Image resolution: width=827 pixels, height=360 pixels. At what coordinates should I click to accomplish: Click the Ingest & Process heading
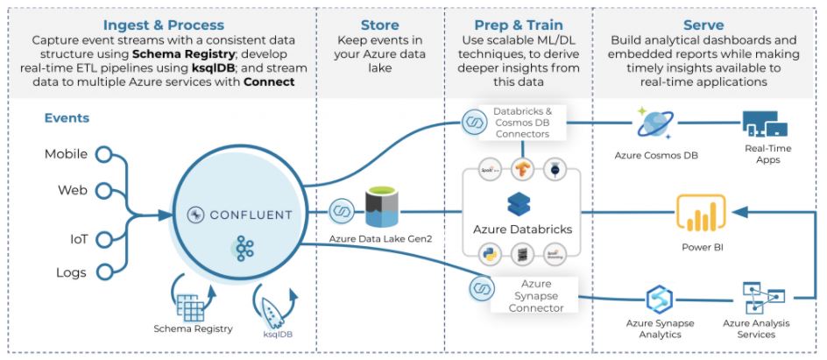click(163, 25)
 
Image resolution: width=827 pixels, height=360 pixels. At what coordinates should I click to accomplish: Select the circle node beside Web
click(104, 189)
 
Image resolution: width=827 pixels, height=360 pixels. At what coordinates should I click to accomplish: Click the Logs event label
click(71, 272)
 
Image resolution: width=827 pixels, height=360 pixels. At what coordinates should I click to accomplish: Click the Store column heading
click(380, 25)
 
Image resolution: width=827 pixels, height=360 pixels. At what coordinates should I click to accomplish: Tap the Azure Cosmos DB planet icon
click(655, 124)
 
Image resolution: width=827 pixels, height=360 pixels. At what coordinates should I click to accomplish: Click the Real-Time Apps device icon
click(765, 125)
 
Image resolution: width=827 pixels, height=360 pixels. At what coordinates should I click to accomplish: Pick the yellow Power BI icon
click(700, 215)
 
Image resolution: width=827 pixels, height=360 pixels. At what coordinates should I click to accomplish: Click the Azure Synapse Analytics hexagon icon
click(659, 299)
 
